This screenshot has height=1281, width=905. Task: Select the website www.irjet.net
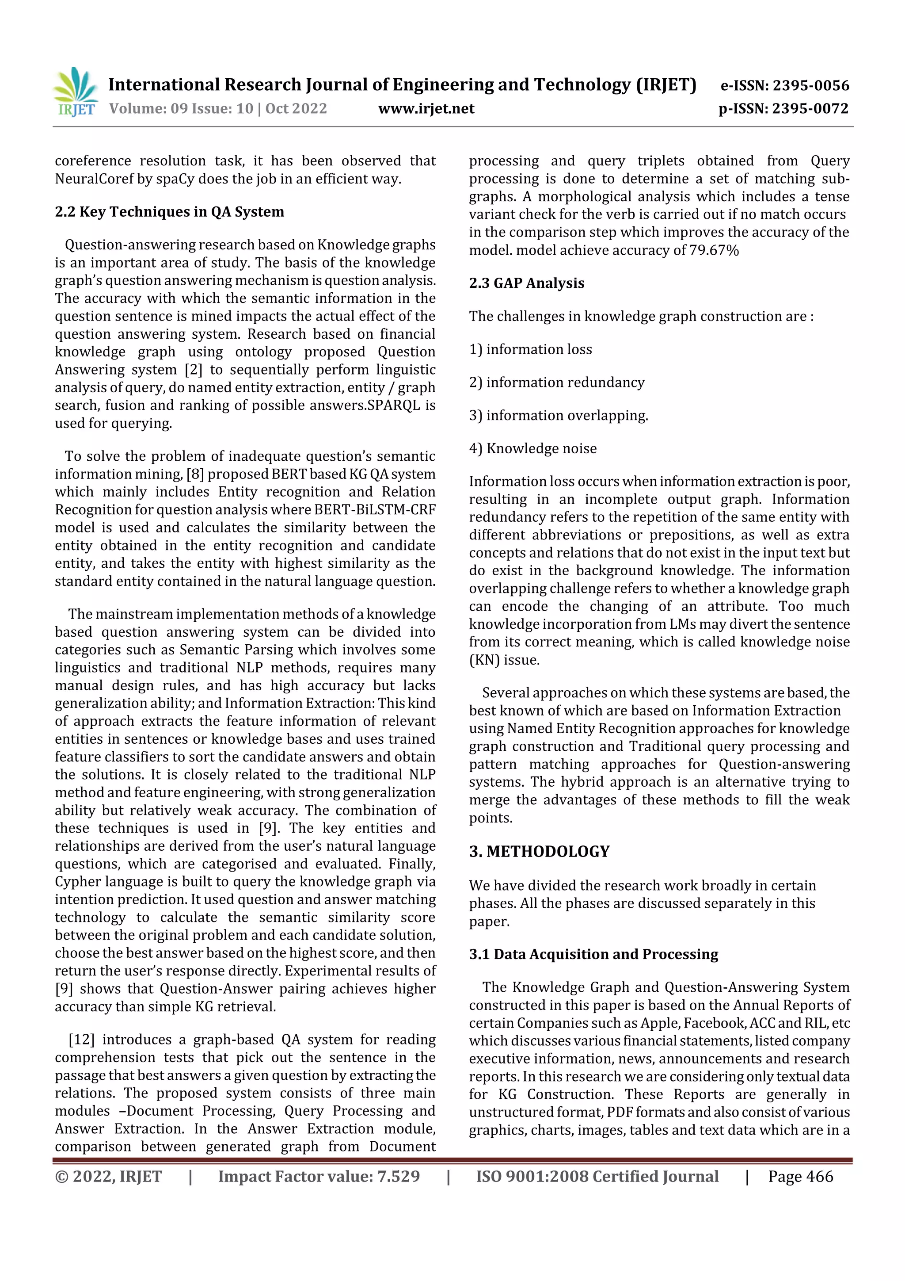point(426,109)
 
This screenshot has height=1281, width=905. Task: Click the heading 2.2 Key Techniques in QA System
point(170,212)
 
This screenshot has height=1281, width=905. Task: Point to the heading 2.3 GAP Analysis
point(526,283)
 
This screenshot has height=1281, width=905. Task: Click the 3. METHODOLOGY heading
point(539,851)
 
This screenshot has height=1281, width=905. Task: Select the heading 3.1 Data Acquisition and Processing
point(593,954)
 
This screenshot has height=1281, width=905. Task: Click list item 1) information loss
point(530,350)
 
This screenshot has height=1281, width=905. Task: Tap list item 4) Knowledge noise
point(532,448)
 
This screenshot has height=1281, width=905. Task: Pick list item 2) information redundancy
point(556,383)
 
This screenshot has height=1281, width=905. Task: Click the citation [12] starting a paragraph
point(81,1040)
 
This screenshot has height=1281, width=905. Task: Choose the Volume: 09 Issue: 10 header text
point(218,109)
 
